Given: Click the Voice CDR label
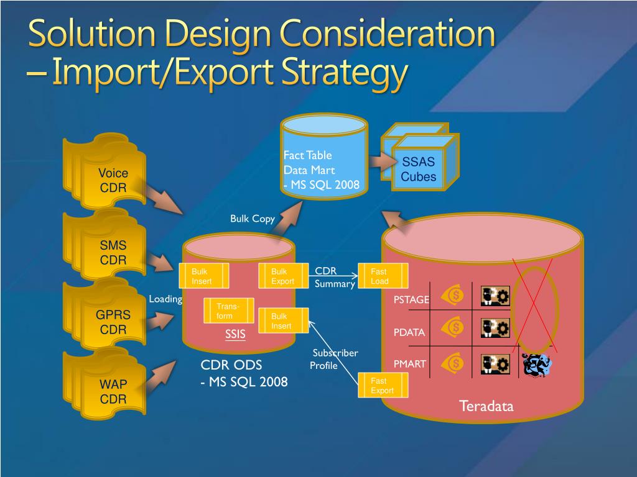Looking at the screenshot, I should point(113,180).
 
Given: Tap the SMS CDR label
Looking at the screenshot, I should point(113,253).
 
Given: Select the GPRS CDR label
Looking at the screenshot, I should point(113,322).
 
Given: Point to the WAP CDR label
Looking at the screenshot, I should point(113,392).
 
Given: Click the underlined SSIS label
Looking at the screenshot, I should point(235,335).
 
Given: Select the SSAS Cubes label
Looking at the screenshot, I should point(418,170).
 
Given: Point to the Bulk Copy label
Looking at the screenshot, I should point(253,219).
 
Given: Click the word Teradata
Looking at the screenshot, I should point(486,407).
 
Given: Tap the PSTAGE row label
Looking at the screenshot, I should point(411,300).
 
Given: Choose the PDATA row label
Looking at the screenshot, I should point(409,332).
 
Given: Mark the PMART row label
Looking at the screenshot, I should point(410,364).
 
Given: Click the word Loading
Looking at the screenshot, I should point(165,299).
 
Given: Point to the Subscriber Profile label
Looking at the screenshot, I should point(333,359).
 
